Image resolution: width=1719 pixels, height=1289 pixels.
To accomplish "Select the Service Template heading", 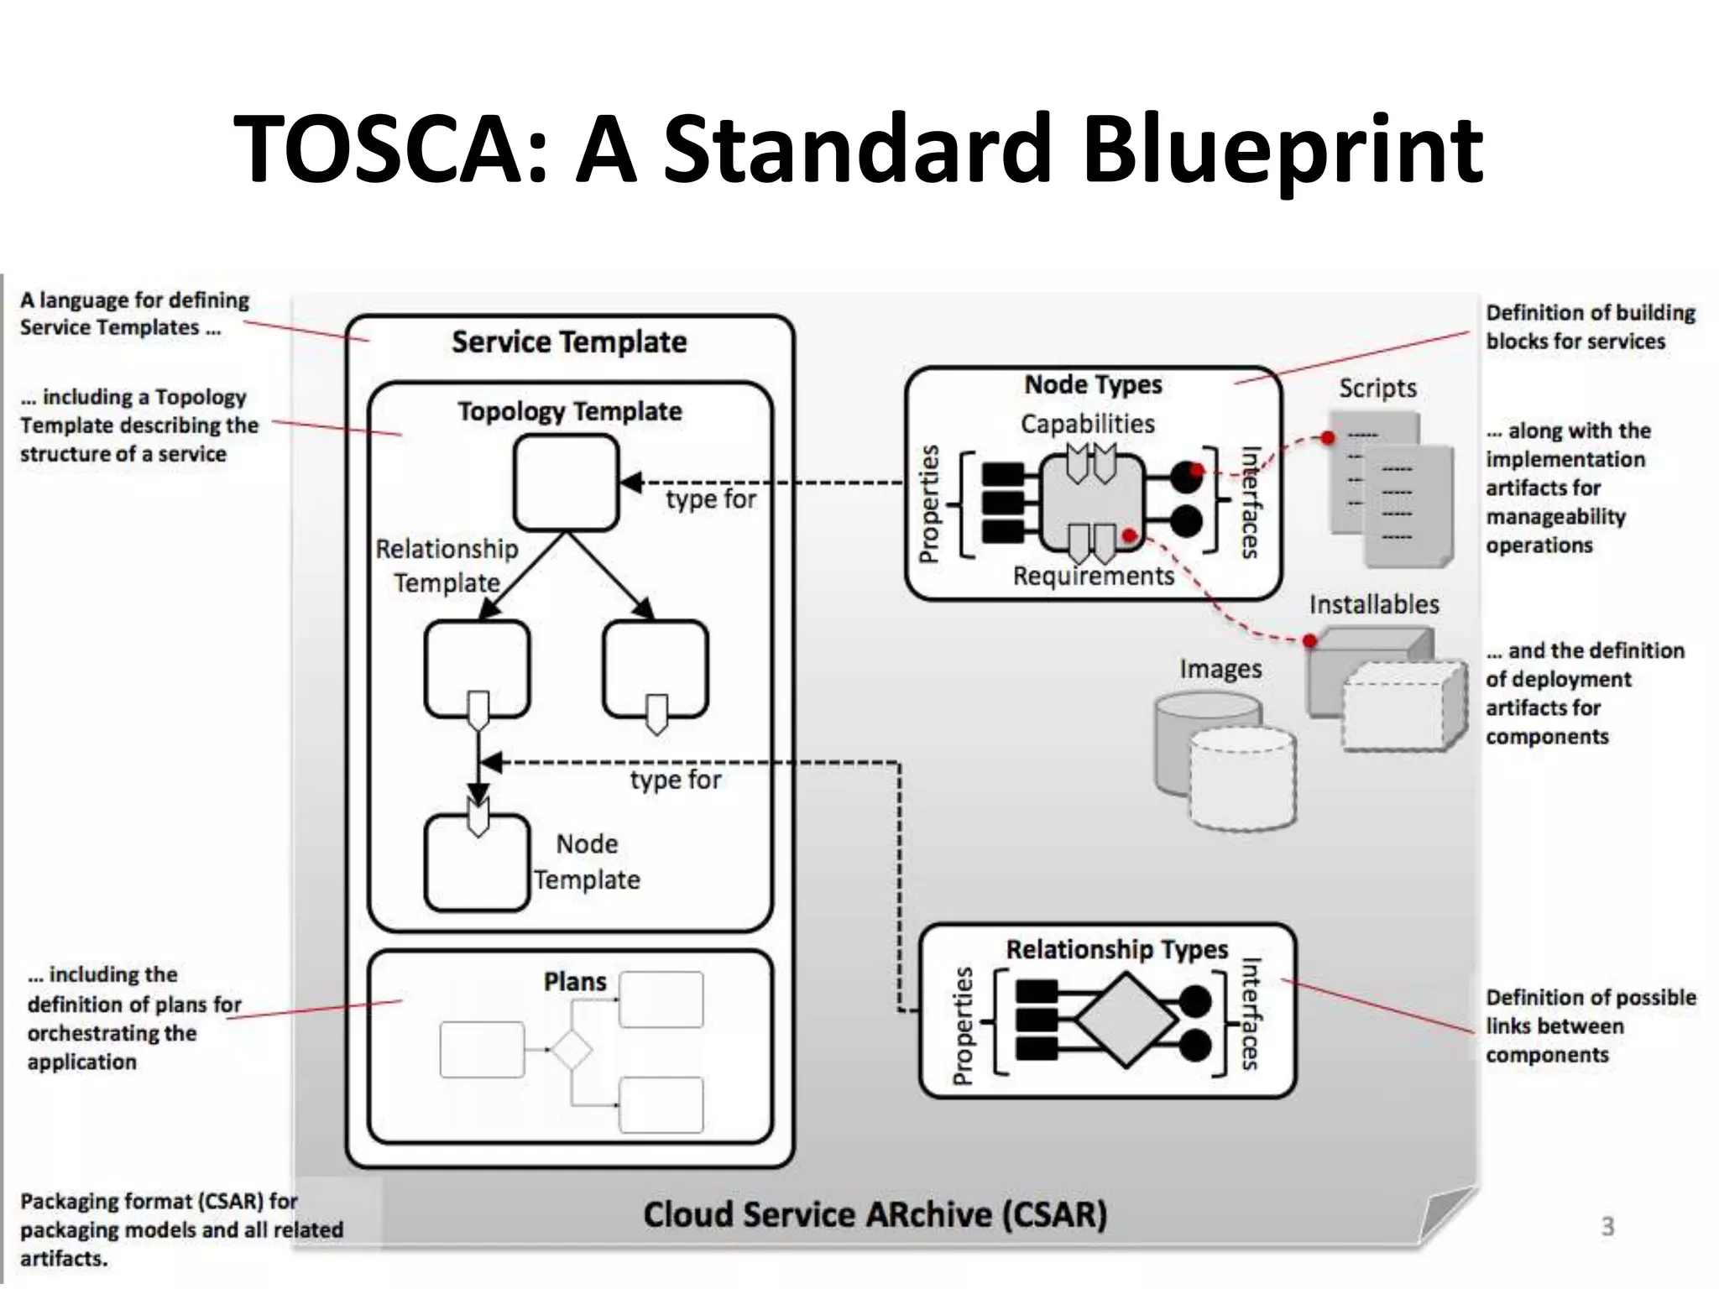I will click(569, 342).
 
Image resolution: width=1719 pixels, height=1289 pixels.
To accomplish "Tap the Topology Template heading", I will click(569, 411).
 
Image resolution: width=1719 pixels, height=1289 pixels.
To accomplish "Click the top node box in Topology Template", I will click(567, 483).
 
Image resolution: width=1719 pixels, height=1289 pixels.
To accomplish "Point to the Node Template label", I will click(587, 862).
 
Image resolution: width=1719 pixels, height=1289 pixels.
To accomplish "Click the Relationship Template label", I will click(447, 566).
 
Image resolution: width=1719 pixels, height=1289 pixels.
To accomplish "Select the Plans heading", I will click(574, 981).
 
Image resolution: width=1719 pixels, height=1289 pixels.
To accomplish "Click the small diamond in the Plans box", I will click(572, 1050).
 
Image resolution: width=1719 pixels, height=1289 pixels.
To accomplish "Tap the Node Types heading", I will click(1093, 384).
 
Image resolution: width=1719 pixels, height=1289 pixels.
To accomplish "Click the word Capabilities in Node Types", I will click(1087, 424).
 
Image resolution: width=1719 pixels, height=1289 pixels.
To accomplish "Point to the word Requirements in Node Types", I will click(1093, 576).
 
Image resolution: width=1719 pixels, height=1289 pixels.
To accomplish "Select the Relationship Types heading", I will click(1116, 949).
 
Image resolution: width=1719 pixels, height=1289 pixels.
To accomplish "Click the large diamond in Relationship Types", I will click(1126, 1020).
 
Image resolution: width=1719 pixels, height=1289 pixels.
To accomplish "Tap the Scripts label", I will click(1377, 388).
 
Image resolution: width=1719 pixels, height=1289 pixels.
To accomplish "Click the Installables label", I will click(1373, 604).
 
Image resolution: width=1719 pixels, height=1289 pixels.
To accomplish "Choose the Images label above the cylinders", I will click(1220, 669).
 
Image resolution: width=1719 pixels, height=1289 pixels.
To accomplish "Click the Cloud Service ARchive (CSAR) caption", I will click(875, 1214).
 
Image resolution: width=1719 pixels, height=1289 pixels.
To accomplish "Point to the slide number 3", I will click(1607, 1226).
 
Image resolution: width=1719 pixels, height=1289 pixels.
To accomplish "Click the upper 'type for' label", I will click(710, 499).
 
